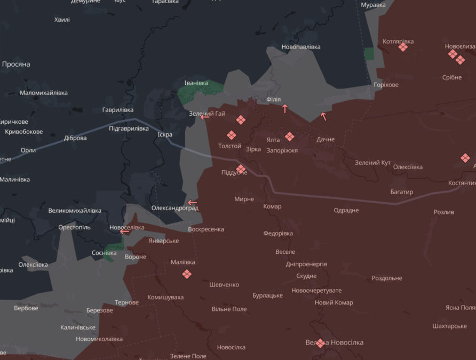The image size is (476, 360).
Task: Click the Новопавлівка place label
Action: point(301,47)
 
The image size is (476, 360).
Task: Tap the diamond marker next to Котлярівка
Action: point(403,47)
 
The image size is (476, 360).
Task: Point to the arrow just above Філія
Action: point(285,109)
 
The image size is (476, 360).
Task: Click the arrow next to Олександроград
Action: point(192,203)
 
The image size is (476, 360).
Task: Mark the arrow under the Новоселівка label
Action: point(124,231)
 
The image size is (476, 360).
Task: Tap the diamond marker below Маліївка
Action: point(187,274)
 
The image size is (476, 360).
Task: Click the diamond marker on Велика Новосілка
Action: point(320,343)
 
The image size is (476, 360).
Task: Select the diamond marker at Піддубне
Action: point(241,170)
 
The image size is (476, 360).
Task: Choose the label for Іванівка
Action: point(196,83)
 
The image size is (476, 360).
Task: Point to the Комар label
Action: point(272,206)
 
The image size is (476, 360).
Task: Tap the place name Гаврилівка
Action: point(118,110)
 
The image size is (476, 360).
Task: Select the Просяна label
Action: point(16,64)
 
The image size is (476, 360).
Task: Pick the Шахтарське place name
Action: point(449,326)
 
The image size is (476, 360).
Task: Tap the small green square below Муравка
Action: point(369,53)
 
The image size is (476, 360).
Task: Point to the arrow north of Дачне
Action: point(323,116)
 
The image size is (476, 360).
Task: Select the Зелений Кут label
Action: point(372,163)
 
